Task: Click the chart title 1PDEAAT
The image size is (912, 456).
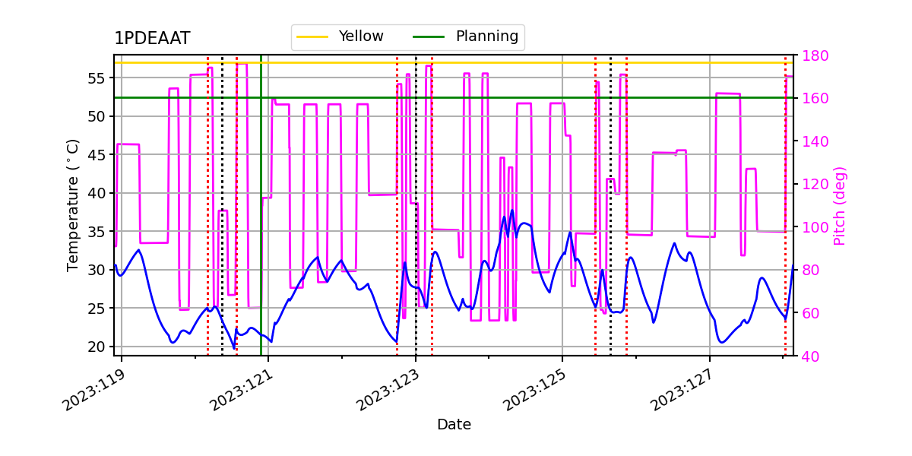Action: pyautogui.click(x=152, y=39)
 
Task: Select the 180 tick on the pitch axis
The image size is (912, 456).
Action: pyautogui.click(x=815, y=55)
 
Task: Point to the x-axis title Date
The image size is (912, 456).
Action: pyautogui.click(x=454, y=425)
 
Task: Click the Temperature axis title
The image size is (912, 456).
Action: pyautogui.click(x=73, y=204)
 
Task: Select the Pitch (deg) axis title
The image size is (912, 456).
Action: pyautogui.click(x=840, y=205)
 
